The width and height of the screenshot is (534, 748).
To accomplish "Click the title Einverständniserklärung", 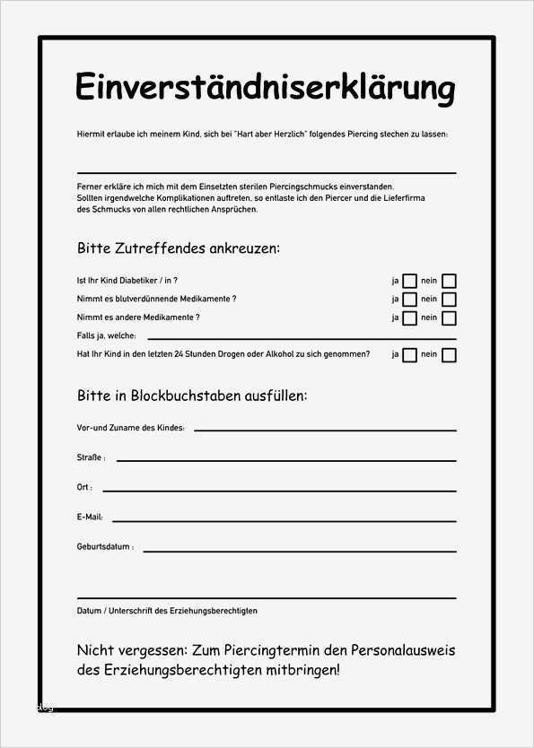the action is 266,88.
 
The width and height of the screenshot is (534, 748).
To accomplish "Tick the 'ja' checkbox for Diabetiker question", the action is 409,281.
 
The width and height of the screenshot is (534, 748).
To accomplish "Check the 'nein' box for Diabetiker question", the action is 449,281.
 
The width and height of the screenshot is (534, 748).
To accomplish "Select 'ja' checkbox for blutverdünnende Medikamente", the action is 409,300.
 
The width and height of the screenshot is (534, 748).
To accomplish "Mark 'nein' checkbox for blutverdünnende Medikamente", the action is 449,300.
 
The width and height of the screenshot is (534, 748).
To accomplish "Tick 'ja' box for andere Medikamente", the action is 409,318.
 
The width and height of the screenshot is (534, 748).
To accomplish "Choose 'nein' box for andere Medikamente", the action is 449,318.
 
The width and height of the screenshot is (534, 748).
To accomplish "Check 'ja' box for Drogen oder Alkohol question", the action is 409,355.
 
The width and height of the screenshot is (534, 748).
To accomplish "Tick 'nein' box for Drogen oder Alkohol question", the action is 449,355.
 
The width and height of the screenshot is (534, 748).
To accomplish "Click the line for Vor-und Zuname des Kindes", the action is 325,430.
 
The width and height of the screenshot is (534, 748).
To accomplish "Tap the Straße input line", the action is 285,459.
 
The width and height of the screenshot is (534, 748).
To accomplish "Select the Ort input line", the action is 279,490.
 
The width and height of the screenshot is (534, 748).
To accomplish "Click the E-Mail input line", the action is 284,519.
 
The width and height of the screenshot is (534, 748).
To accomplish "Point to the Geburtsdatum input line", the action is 299,549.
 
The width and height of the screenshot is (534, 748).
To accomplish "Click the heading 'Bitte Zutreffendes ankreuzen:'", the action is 179,248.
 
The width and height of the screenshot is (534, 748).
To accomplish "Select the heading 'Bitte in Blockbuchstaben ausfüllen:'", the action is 192,396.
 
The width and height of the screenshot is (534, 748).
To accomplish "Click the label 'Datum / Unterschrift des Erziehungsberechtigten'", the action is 167,611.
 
